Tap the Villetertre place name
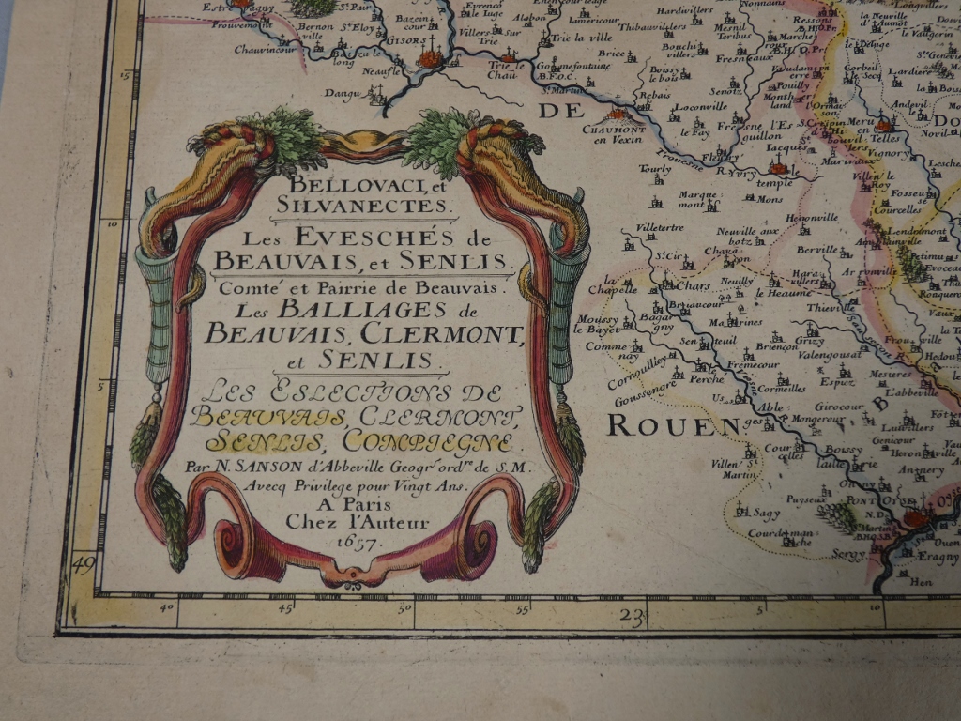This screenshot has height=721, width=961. pyautogui.click(x=660, y=227)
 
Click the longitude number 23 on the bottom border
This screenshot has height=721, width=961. pyautogui.click(x=634, y=617)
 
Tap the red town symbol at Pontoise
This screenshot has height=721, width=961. pyautogui.click(x=914, y=516)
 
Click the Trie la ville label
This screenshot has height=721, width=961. pyautogui.click(x=574, y=38)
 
